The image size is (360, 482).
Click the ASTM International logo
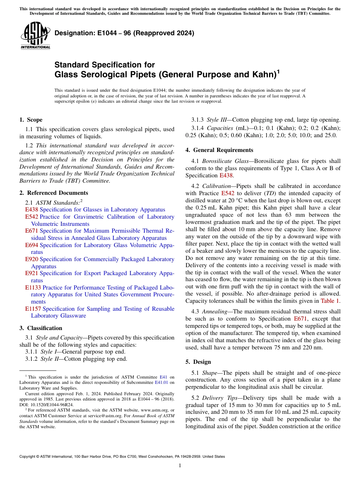35,36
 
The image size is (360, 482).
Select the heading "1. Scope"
31,120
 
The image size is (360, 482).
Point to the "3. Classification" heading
41,328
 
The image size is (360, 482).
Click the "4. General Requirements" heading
219,150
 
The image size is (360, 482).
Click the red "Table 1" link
330,301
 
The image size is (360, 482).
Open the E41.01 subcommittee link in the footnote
167,382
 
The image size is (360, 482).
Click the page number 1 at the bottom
180,466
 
